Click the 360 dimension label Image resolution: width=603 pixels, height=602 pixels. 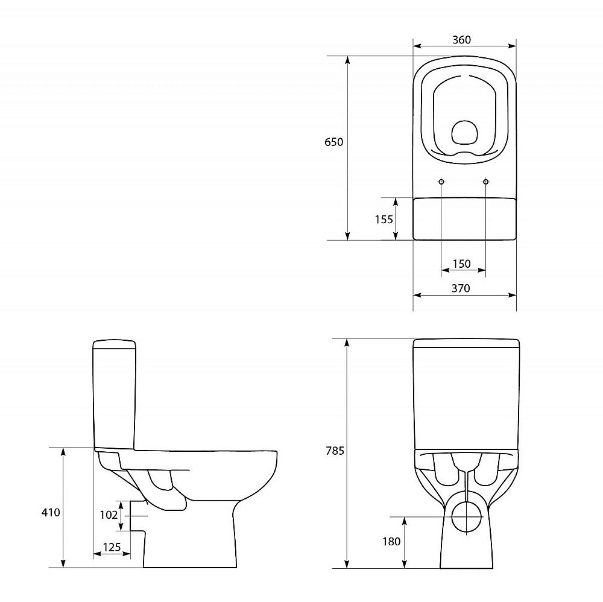461,40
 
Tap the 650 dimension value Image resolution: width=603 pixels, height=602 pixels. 334,142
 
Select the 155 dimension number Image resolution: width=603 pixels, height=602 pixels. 384,219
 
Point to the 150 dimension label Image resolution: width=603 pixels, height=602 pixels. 461,264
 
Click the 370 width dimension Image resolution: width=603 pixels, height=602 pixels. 461,288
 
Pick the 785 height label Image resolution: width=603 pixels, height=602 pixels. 335,451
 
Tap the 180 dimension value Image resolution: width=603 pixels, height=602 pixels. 391,541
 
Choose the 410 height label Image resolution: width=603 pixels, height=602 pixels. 51,512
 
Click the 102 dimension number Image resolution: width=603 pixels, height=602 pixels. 109,515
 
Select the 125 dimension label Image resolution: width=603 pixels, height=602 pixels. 112,547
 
